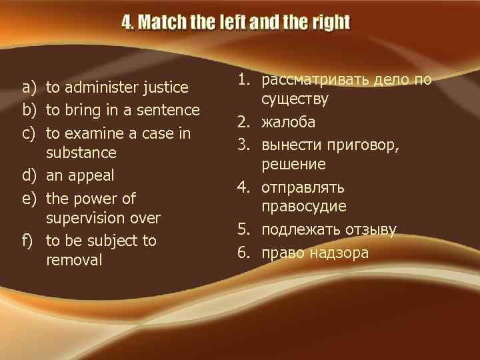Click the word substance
tap(81, 153)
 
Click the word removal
tap(74, 260)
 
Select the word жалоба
tap(288, 123)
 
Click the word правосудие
tap(304, 207)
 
